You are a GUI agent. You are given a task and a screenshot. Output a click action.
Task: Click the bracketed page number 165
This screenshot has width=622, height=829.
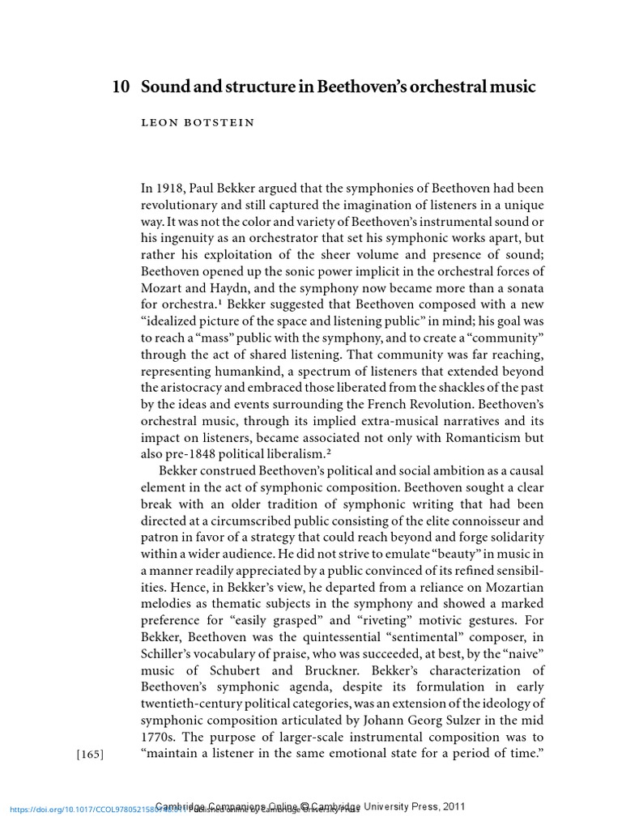pyautogui.click(x=90, y=755)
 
